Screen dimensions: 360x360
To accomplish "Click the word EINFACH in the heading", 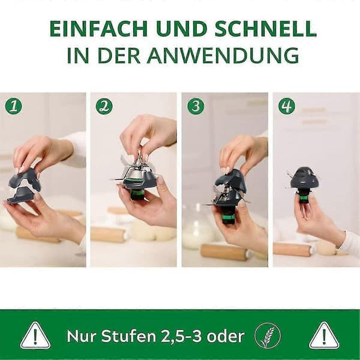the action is [99, 29].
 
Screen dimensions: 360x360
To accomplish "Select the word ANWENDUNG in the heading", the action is [223, 55].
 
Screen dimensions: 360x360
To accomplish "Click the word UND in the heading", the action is [181, 29].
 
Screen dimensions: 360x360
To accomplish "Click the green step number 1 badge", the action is [14, 106].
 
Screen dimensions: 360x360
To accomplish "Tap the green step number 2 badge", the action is [104, 106].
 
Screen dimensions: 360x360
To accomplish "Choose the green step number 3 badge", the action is [196, 106].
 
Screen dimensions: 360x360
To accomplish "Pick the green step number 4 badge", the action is [287, 106].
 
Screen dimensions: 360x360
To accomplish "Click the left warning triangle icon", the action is [35, 336].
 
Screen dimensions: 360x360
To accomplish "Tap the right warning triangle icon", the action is [324, 336].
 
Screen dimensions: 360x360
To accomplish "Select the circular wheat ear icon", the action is [268, 335].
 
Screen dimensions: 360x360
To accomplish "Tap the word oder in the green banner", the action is [226, 336].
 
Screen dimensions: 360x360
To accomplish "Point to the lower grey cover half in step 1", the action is [22, 195].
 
